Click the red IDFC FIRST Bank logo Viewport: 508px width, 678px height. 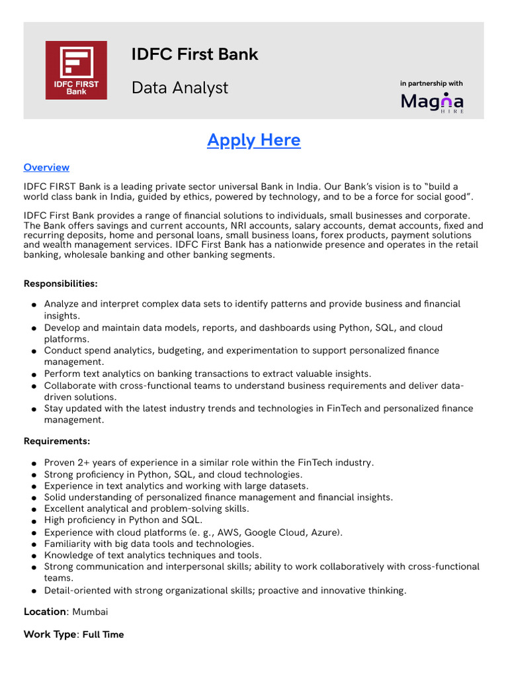[76, 70]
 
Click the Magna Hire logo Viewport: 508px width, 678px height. [433, 102]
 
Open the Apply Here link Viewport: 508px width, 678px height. [253, 140]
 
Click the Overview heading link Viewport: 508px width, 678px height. [46, 168]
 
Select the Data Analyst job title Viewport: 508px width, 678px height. [179, 87]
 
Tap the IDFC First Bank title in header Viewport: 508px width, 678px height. [194, 54]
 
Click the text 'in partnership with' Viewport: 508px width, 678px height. [431, 83]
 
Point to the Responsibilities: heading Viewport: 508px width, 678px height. [61, 283]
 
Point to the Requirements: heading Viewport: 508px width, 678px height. [57, 441]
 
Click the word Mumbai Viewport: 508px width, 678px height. [90, 612]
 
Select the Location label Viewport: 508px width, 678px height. [45, 612]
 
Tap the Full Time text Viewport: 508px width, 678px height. [103, 634]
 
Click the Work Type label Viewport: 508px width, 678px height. [50, 634]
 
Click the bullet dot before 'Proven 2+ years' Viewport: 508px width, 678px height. [33, 463]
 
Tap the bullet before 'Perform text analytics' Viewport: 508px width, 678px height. [33, 375]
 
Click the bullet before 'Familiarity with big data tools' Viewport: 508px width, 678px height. [33, 544]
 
